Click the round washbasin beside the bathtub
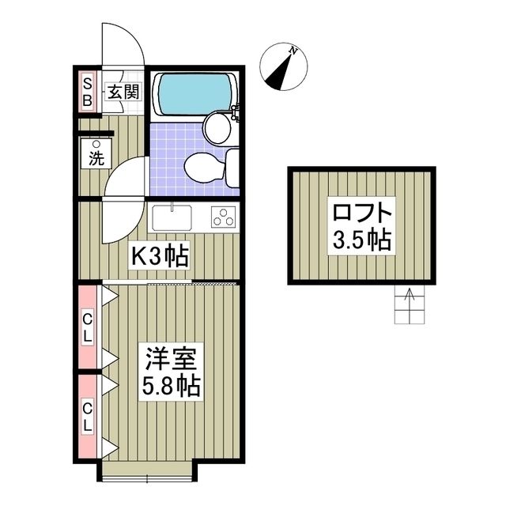click(216, 126)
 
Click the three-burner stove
click(224, 217)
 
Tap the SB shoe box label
click(87, 91)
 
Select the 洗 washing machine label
click(96, 157)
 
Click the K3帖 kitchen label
click(158, 256)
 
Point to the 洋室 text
click(171, 361)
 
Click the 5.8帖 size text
click(171, 387)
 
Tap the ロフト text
click(361, 213)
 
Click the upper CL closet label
click(88, 327)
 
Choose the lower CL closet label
click(88, 416)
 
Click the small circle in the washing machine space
click(96, 144)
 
